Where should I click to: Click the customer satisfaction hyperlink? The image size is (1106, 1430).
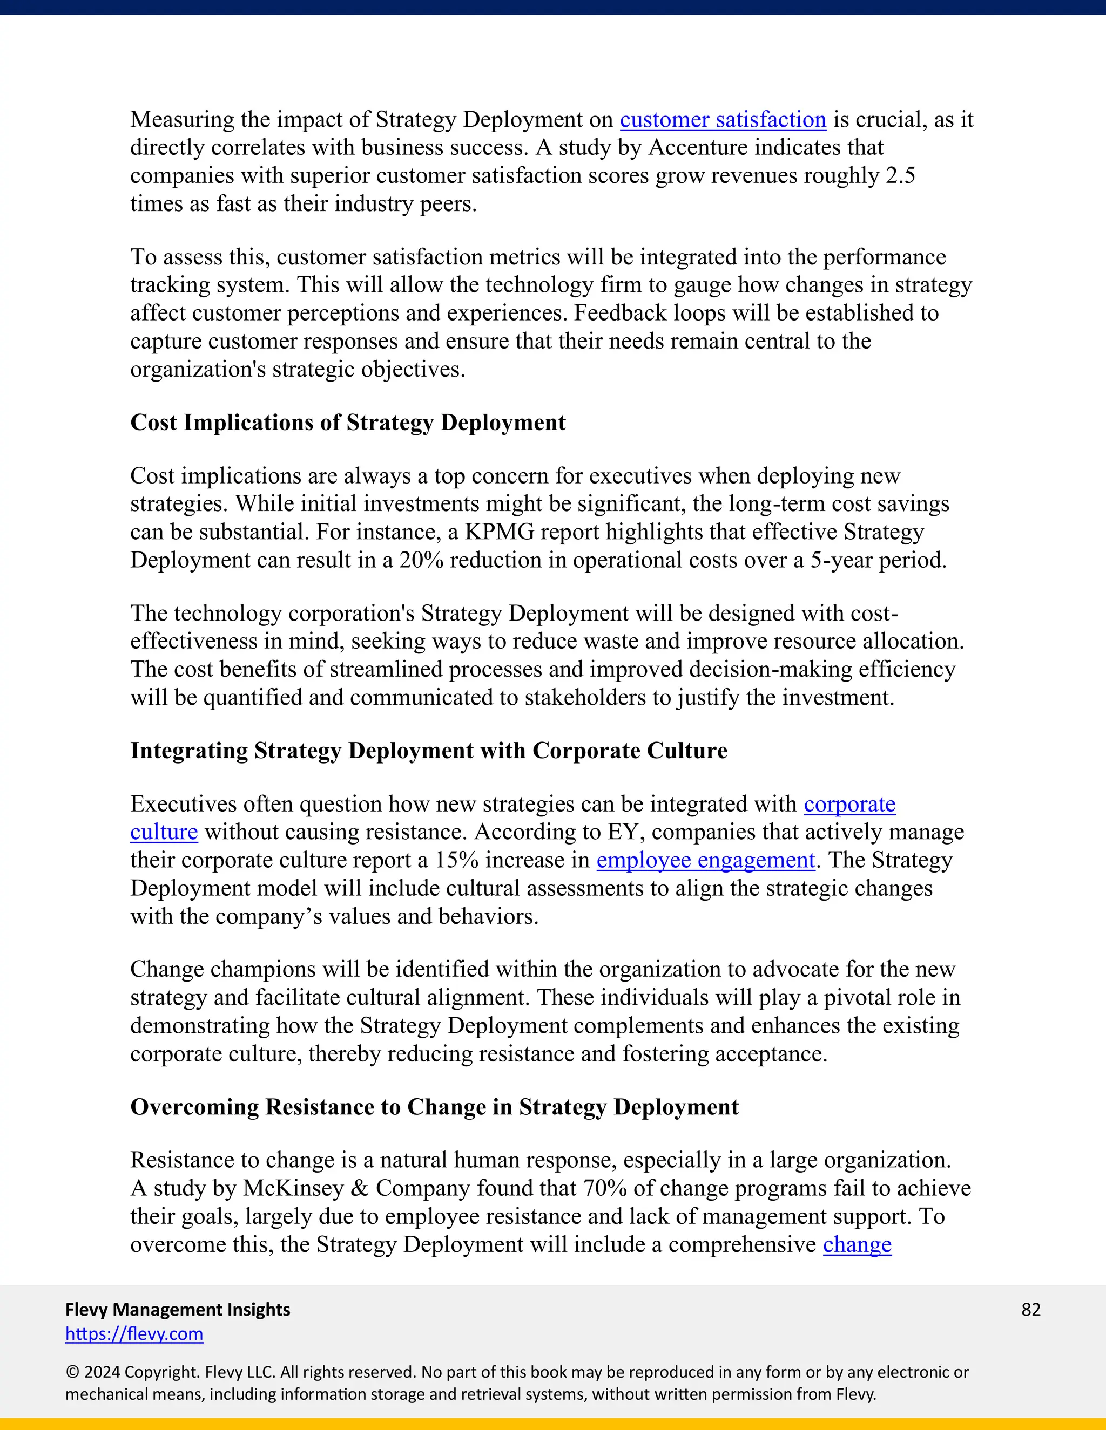click(x=723, y=120)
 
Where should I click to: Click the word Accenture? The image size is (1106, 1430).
click(x=698, y=148)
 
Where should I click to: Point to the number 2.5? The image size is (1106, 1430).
click(x=900, y=176)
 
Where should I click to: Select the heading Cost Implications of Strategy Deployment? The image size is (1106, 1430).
click(x=348, y=423)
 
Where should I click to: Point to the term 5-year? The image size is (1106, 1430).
click(x=842, y=561)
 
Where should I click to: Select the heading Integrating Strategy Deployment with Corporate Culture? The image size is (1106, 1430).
click(x=428, y=751)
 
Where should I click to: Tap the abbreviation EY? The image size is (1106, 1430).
click(x=623, y=832)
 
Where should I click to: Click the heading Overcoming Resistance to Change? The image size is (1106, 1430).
click(x=434, y=1107)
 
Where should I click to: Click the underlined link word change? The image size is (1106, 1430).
click(x=857, y=1245)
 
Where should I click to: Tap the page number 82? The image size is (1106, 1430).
click(x=1030, y=1310)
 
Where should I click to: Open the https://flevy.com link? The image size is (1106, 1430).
click(x=134, y=1334)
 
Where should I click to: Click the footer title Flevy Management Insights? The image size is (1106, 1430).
click(x=178, y=1310)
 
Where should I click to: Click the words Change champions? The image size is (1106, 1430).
click(x=224, y=970)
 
